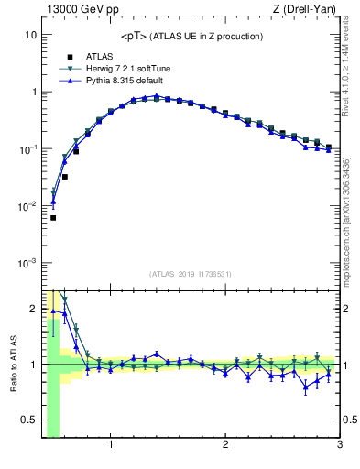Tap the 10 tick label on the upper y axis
[x=29, y=35]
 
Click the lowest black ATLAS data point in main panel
[x=53, y=218]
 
